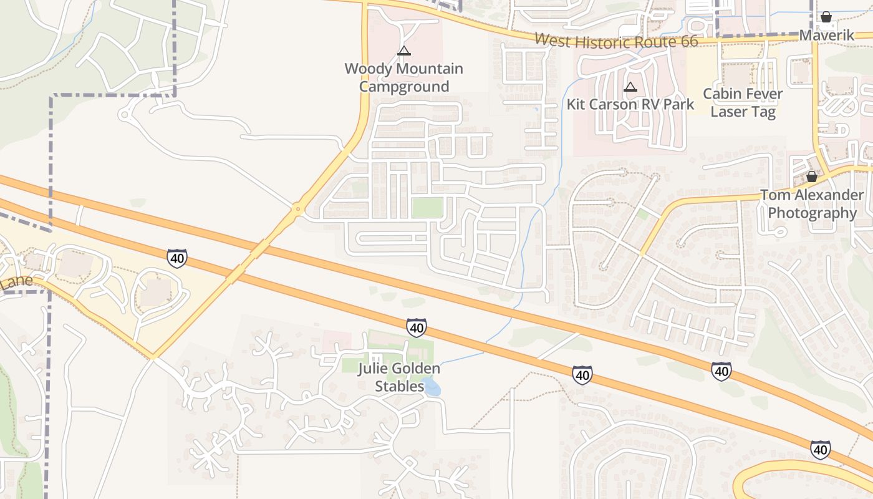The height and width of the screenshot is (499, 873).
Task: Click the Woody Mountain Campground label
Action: click(404, 77)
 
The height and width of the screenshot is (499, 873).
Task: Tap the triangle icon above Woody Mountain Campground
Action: click(404, 51)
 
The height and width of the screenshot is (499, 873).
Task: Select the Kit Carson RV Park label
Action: click(630, 104)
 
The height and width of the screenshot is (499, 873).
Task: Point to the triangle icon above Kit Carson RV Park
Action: click(630, 87)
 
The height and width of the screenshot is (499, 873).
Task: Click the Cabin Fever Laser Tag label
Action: click(743, 103)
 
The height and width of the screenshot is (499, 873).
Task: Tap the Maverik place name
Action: click(826, 36)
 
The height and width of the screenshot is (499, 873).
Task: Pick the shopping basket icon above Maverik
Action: click(826, 17)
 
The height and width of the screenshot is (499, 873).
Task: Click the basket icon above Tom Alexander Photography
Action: click(811, 177)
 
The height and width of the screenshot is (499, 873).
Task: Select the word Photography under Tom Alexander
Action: click(812, 213)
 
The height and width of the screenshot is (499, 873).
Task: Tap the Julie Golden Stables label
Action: click(399, 377)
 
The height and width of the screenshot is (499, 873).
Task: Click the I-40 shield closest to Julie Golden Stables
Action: click(416, 327)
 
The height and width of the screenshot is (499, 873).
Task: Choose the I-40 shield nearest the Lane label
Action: click(177, 258)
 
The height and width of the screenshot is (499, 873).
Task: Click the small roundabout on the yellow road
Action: click(299, 210)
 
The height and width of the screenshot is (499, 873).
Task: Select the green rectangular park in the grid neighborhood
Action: click(427, 208)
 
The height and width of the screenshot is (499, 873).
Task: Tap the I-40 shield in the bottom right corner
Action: click(820, 449)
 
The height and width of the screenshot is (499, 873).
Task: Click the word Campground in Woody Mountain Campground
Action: click(404, 87)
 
